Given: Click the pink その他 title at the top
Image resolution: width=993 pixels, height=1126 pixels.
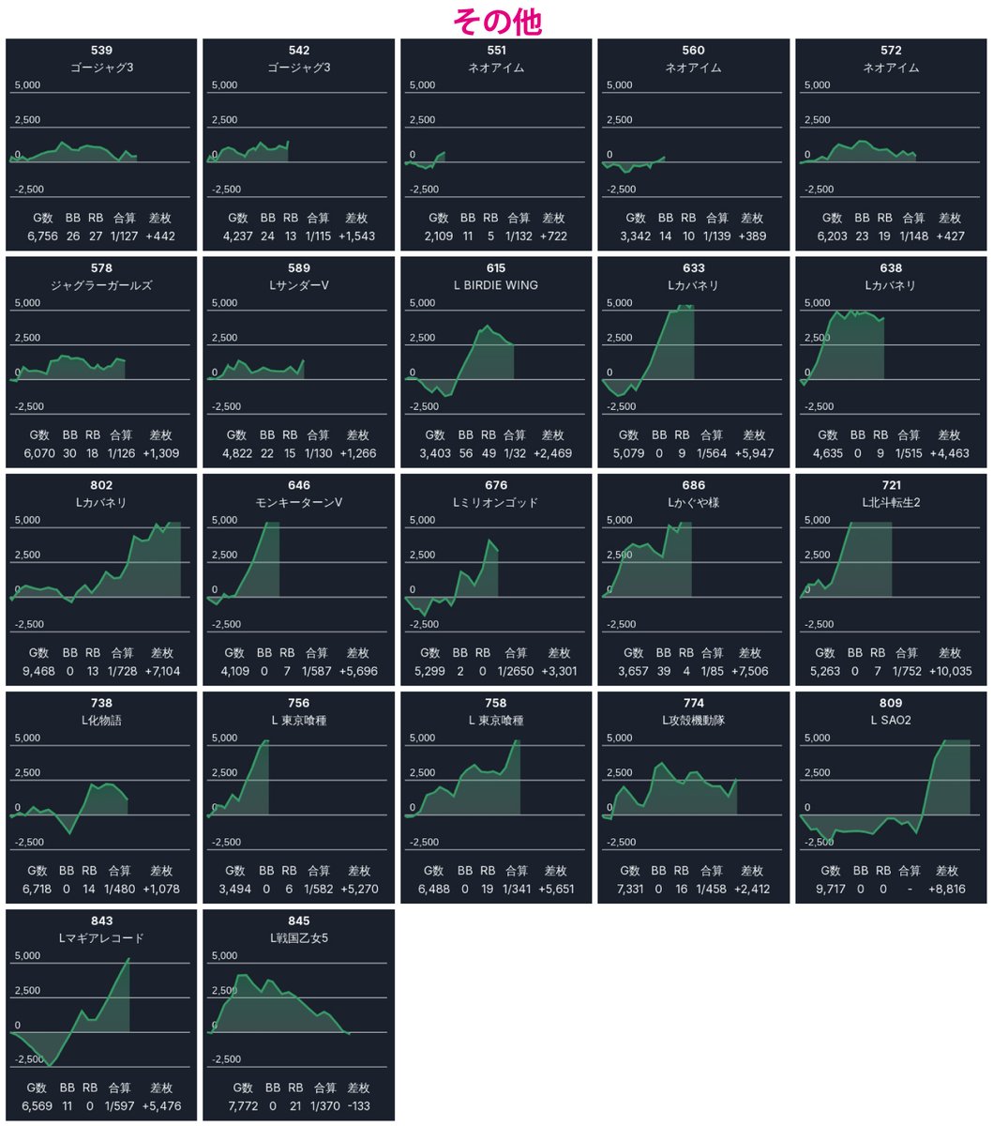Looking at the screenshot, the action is (497, 22).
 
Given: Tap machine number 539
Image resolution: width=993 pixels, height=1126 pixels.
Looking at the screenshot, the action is (101, 50).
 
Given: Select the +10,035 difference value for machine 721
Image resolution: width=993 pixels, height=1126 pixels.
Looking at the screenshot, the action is (950, 671).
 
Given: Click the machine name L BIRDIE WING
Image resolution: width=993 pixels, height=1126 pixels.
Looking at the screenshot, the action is (496, 285).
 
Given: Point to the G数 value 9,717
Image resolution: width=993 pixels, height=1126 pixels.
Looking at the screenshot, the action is (830, 889).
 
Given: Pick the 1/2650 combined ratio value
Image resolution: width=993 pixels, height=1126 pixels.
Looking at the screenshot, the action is (516, 671).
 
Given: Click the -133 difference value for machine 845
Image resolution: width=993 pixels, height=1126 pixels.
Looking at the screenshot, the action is (358, 1106).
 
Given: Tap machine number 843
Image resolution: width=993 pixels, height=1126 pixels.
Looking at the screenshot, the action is (101, 921).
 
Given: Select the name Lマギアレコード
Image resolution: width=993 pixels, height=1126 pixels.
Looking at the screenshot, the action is (101, 938).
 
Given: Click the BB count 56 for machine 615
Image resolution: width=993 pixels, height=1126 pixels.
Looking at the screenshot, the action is (466, 453).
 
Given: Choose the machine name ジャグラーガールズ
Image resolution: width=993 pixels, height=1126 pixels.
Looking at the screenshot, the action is (101, 285).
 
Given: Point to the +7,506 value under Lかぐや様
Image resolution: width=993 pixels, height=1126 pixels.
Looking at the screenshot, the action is (750, 671).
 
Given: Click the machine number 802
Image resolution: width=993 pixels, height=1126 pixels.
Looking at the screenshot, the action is (101, 485).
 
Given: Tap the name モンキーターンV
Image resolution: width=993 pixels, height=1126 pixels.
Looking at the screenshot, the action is (299, 502).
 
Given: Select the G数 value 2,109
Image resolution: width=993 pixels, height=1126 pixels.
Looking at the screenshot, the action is (439, 236).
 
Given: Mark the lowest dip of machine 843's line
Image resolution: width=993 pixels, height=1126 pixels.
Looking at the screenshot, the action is (50, 1065).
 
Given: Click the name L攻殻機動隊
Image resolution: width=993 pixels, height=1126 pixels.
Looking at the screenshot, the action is (694, 721).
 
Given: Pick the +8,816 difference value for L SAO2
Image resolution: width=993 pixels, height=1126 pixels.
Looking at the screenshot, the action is (947, 889).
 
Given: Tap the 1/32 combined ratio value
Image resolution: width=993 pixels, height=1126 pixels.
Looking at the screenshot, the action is (515, 453).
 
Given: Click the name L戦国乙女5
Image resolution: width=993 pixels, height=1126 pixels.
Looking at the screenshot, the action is (299, 938).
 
